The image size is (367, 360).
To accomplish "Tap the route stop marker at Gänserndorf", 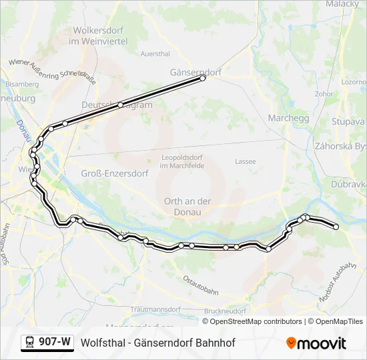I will pos(203,79).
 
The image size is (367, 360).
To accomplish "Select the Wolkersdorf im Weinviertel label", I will pos(99,36).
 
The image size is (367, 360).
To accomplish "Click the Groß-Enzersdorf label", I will pos(108,173).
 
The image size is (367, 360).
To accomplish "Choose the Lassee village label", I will pos(246,161).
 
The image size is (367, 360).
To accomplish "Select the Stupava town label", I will pos(348,122).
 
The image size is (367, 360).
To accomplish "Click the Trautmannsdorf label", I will pos(156,310).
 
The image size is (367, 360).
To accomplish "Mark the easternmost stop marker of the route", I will pos(336,227).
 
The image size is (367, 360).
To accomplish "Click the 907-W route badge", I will pos(47,342).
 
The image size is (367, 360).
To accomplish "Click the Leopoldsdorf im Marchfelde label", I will pos(182,161).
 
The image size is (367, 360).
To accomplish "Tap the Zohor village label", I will pos(324,94).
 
